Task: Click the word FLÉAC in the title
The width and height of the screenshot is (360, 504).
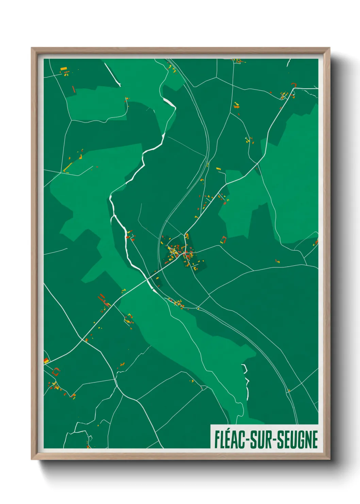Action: tap(230, 440)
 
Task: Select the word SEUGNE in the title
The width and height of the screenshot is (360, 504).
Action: tap(297, 440)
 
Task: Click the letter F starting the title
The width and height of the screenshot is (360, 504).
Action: tap(217, 440)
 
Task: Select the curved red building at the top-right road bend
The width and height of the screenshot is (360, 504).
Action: tap(294, 84)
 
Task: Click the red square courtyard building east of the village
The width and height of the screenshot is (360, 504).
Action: tap(223, 239)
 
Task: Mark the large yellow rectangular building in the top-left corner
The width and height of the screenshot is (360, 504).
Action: tap(64, 69)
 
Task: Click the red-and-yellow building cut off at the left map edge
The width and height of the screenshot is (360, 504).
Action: tap(46, 361)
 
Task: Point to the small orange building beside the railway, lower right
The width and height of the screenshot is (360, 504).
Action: tap(289, 390)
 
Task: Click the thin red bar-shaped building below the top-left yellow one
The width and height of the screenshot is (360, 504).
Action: tap(73, 89)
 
